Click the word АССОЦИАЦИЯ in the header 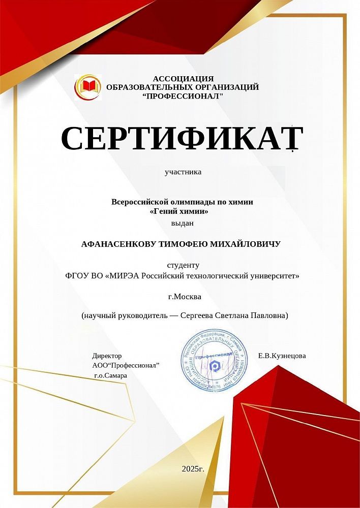tap(183, 78)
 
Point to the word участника tap(183, 172)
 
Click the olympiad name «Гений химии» tap(181, 211)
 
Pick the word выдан tap(183, 223)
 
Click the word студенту tap(183, 265)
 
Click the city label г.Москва tap(184, 296)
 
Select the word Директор tap(107, 356)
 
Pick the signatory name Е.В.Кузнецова tap(282, 356)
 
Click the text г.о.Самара tap(110, 375)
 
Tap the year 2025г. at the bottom tap(193, 468)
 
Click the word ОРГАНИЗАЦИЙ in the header tap(224, 87)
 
